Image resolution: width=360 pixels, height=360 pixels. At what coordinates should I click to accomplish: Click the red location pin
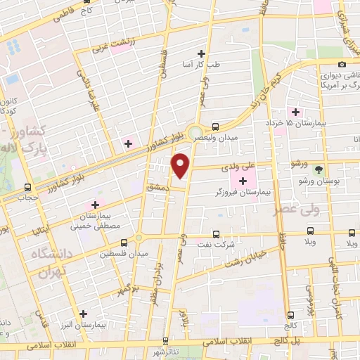[181, 165]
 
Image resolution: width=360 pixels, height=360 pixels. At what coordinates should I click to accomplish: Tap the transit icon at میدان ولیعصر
[216, 127]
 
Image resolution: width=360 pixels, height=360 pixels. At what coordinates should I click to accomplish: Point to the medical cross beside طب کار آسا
[202, 53]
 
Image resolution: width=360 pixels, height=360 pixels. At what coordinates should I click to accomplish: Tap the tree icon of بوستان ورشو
[319, 170]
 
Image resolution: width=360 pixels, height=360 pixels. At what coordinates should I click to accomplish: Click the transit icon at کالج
[290, 316]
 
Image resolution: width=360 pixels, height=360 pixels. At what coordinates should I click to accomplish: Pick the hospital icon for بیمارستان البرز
[84, 314]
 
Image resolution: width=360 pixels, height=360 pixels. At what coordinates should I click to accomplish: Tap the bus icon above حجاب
[27, 188]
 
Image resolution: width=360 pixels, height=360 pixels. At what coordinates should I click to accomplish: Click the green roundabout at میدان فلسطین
[139, 237]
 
